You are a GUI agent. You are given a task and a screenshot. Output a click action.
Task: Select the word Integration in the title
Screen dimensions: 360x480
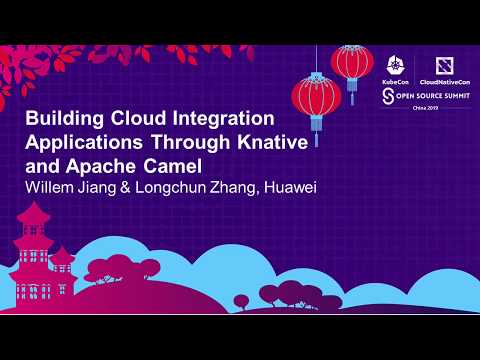(x=231, y=119)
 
